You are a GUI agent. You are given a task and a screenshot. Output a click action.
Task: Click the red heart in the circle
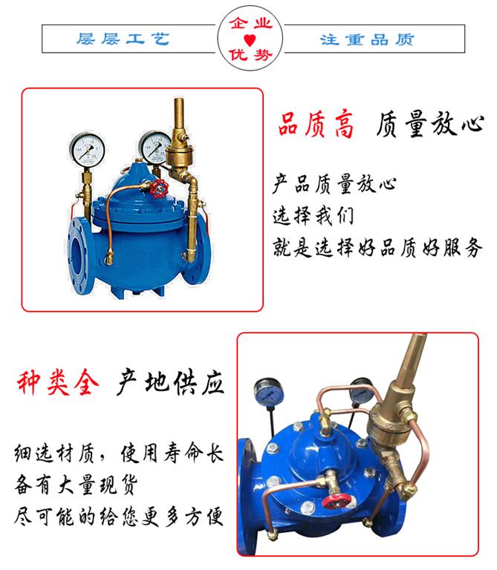tap(249, 39)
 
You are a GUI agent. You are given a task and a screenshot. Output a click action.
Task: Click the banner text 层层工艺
tap(123, 38)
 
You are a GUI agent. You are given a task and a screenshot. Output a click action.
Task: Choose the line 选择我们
tap(312, 216)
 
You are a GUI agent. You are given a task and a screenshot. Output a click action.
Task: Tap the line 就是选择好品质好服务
tap(377, 246)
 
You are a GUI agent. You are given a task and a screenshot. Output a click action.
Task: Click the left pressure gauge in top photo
tap(88, 148)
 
